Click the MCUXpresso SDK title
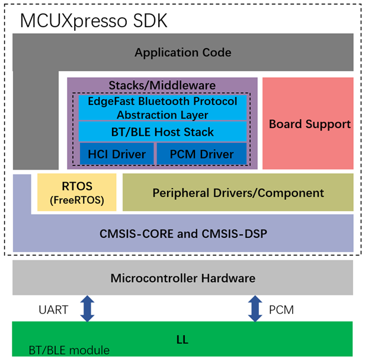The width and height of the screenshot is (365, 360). coord(94,21)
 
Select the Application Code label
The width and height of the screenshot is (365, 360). coord(182,53)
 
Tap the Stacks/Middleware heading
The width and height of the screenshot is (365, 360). coord(162,86)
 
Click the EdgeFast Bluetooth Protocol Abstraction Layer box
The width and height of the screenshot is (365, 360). coord(162,108)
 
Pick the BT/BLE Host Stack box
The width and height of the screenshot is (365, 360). coord(162,132)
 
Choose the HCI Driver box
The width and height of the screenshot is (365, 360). coord(117,154)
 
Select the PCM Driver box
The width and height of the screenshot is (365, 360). coord(201,154)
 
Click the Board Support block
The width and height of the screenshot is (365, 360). coord(309,124)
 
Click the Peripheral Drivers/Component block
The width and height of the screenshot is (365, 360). coord(238,193)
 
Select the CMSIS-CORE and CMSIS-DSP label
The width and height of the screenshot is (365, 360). coord(183,234)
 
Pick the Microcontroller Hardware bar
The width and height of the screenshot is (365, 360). coord(182,278)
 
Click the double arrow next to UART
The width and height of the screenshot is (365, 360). coord(87,309)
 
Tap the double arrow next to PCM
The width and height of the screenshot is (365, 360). coord(255,309)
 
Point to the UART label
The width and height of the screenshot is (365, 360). coord(55,310)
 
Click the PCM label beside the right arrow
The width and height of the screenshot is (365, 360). coord(281,310)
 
